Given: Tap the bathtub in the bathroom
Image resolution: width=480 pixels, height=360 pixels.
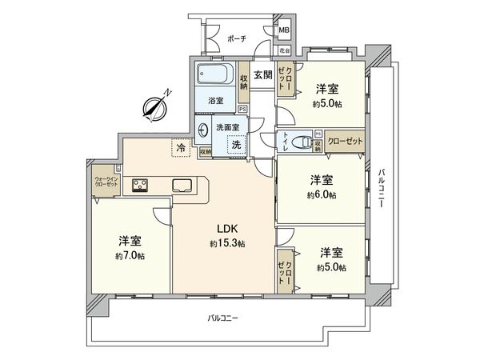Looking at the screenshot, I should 216,78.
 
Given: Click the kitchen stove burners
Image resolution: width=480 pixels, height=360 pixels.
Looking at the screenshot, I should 142,186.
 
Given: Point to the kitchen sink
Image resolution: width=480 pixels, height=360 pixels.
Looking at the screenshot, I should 182,186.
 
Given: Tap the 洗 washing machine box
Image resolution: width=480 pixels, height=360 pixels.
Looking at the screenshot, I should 237,144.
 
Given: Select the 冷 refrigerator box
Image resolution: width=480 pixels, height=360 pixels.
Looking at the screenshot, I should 182,147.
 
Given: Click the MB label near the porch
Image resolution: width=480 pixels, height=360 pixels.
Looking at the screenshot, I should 283,32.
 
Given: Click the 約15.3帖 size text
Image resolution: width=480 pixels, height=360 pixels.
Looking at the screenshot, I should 226,243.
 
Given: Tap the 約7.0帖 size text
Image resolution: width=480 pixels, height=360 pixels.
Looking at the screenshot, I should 130,255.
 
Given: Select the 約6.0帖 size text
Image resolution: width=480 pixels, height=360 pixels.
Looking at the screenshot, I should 321,194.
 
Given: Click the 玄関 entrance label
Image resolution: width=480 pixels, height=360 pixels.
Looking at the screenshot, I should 262,75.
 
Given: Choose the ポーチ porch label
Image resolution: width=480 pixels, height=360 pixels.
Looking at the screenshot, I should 236,38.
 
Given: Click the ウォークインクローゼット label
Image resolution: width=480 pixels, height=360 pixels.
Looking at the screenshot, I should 105,182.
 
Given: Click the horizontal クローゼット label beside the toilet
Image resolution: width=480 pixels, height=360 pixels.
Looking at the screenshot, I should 344,141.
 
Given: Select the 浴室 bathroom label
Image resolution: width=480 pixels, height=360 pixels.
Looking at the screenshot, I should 215,102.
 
